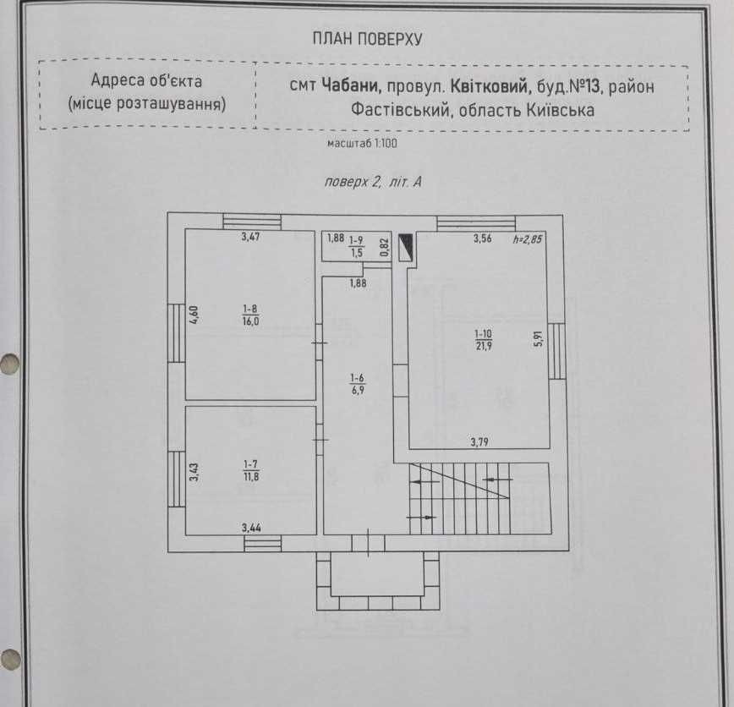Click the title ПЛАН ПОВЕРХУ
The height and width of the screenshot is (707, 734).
[x=367, y=39]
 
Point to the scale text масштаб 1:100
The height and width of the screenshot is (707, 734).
[x=362, y=143]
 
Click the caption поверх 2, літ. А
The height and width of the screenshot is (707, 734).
[x=373, y=182]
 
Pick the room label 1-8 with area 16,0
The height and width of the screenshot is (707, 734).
[x=250, y=315]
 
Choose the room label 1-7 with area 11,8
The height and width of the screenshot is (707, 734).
[x=251, y=470]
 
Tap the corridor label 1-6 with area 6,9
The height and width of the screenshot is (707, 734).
[x=357, y=384]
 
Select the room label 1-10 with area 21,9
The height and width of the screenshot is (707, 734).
[x=483, y=340]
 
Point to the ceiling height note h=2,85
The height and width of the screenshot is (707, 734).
[x=527, y=239]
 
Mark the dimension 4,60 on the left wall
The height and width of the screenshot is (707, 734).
[x=194, y=314]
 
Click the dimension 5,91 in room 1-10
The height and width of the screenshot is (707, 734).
[x=539, y=338]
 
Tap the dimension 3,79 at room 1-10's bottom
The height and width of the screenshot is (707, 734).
[x=479, y=441]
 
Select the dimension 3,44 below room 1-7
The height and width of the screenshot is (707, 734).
[x=251, y=529]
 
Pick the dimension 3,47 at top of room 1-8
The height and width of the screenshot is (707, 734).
[x=250, y=237]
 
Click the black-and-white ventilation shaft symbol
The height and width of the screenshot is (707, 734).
[x=406, y=247]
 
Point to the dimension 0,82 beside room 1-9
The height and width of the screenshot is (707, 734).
[x=384, y=247]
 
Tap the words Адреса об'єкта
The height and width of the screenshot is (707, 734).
[x=146, y=80]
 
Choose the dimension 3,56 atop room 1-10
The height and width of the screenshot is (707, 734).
[x=483, y=238]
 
